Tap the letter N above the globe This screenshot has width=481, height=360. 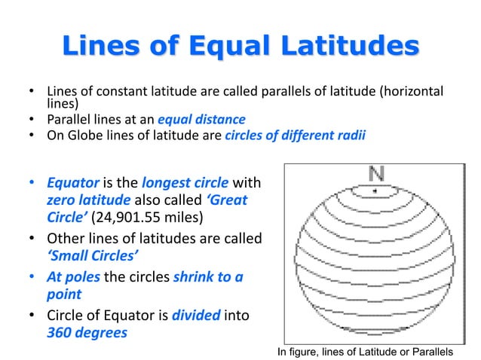click(375, 174)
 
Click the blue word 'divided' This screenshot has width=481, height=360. click(195, 313)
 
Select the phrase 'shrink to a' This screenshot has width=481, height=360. click(207, 276)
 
